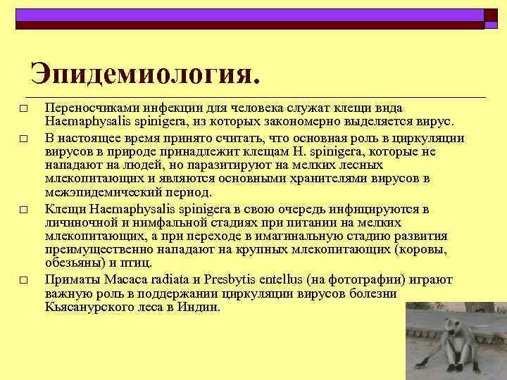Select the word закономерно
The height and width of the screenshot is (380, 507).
tap(320, 120)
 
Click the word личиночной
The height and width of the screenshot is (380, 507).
tap(80, 222)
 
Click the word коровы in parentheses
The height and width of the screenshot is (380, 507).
tap(422, 249)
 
